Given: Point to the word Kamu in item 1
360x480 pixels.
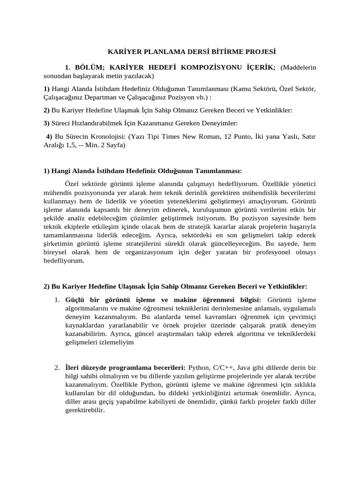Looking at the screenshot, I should [242, 89].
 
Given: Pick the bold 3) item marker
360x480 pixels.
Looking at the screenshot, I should [46, 123].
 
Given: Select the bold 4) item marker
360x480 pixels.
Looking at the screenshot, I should [49, 136].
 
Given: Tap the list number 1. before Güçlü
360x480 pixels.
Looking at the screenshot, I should [57, 300].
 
